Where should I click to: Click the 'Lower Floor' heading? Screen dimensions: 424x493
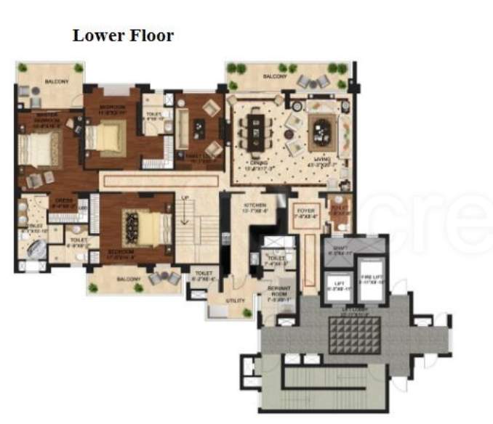coord(123,35)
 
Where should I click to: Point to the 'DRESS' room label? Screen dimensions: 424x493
coord(60,204)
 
